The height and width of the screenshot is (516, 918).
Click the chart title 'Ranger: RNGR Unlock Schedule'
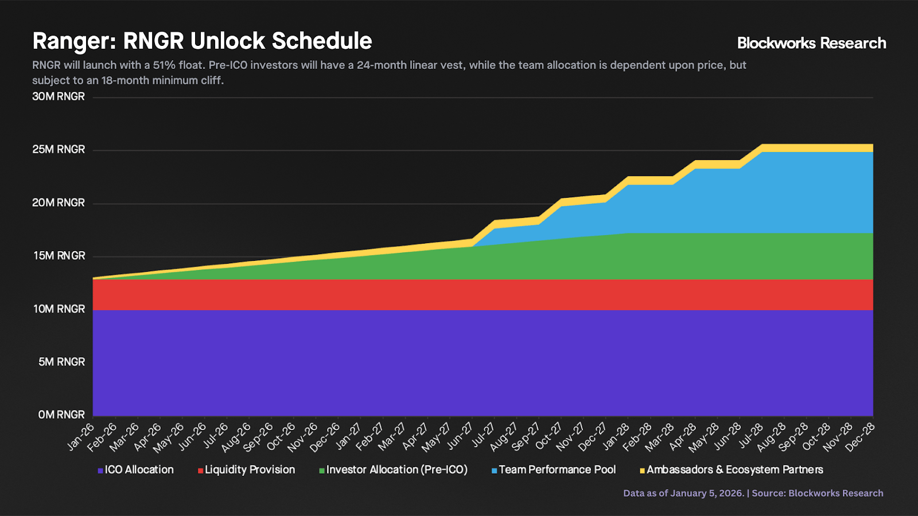click(x=202, y=41)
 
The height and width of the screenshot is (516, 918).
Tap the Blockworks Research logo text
click(x=811, y=43)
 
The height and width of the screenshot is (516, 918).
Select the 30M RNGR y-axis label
click(x=59, y=96)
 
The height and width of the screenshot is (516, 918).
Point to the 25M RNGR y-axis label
click(x=59, y=150)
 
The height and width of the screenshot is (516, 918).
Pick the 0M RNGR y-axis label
click(x=61, y=415)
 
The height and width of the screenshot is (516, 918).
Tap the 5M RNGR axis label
click(x=61, y=362)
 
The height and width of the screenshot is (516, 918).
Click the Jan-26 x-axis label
click(x=81, y=437)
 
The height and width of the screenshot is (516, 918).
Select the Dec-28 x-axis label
click(x=861, y=437)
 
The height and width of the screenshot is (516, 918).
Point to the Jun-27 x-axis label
click(x=460, y=437)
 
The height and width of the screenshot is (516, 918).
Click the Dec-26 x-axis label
click(x=325, y=437)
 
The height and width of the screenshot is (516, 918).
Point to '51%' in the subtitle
click(x=164, y=65)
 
